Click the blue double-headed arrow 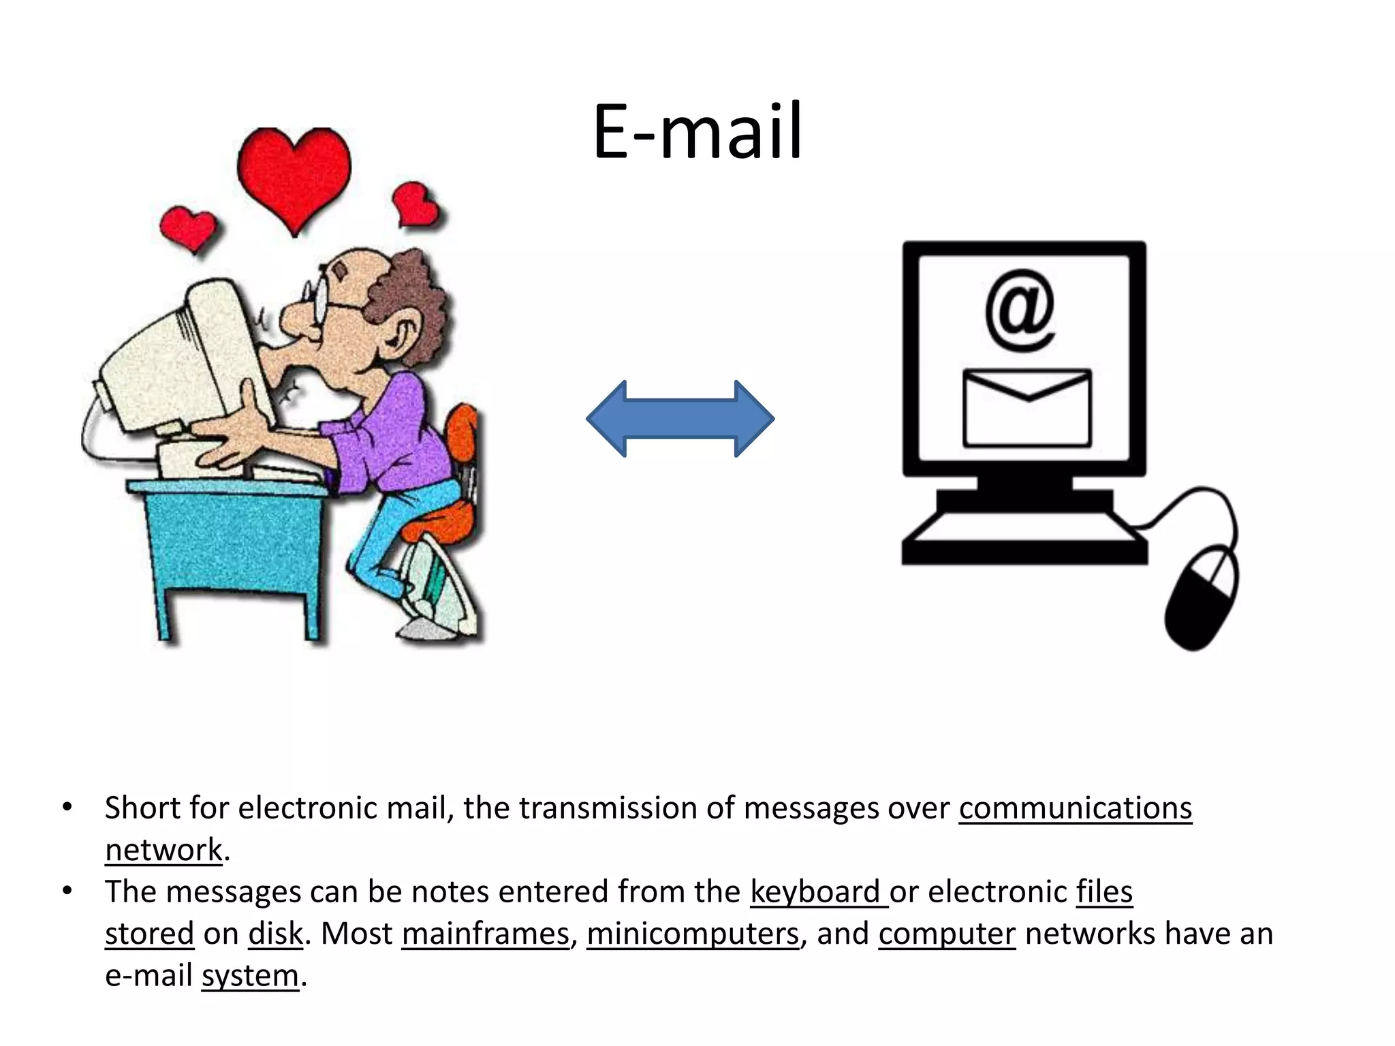[x=680, y=418]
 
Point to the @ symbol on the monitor [x=1020, y=310]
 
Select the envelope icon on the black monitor [x=1026, y=407]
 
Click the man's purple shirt [x=395, y=436]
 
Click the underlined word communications [x=1075, y=808]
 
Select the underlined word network [x=163, y=850]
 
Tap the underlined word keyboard [x=816, y=892]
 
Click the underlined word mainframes [x=485, y=934]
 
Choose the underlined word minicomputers [x=692, y=934]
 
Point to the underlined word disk [x=275, y=934]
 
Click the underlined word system [x=250, y=975]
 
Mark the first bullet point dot [x=67, y=808]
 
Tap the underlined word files [x=1104, y=892]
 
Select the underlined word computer [x=947, y=934]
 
